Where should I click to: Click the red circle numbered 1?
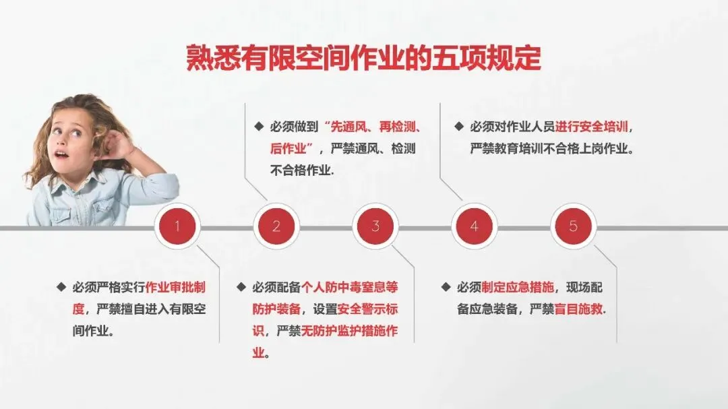pyautogui.click(x=177, y=226)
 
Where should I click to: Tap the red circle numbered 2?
pyautogui.click(x=276, y=226)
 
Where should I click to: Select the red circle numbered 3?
pyautogui.click(x=375, y=226)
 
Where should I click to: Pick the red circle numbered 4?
pyautogui.click(x=474, y=226)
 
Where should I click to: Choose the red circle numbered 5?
pyautogui.click(x=573, y=226)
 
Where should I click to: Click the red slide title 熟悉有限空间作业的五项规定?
pyautogui.click(x=363, y=59)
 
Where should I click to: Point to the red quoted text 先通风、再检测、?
pyautogui.click(x=373, y=127)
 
